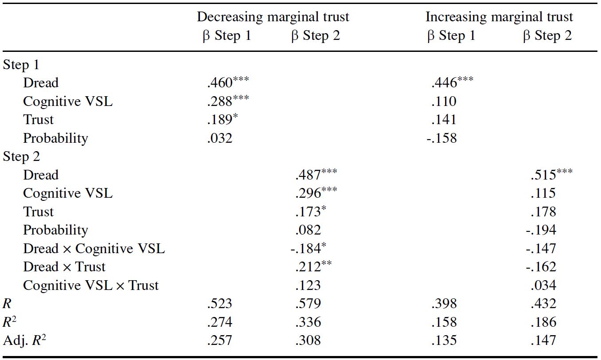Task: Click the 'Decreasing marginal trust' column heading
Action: pos(273,17)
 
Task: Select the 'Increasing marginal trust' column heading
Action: pos(499,17)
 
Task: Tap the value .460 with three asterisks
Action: pos(228,83)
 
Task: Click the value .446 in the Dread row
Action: pos(452,83)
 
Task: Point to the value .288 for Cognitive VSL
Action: pos(228,102)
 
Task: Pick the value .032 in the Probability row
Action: pos(219,138)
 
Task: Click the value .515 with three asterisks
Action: pos(550,175)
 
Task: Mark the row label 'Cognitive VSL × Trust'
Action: pos(90,286)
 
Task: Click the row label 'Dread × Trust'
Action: pos(64,267)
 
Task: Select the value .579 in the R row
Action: pos(308,304)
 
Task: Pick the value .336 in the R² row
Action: pos(308,322)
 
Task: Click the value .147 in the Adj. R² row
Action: pos(543,340)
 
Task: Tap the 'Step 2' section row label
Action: pos(21,157)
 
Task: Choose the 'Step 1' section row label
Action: pos(21,65)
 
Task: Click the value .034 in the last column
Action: pos(543,286)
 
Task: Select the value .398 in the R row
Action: pos(443,304)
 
